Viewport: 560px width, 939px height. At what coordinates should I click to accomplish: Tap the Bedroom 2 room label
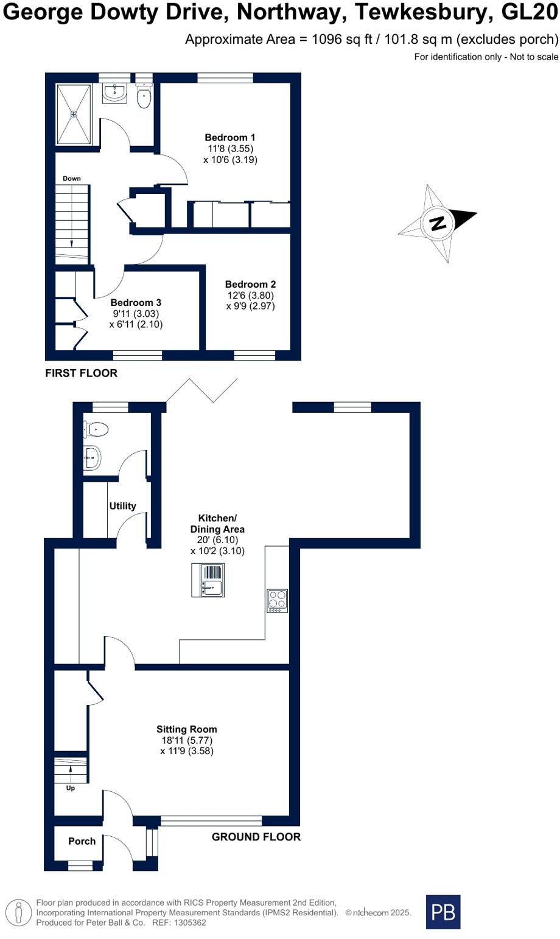tap(250, 284)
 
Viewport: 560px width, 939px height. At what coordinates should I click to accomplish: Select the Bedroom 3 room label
tap(136, 302)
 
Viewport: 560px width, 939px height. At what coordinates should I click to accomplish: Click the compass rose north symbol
tap(438, 223)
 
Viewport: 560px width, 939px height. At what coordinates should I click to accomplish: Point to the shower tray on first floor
tap(74, 114)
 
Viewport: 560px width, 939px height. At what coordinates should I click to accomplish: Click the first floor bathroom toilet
tap(144, 97)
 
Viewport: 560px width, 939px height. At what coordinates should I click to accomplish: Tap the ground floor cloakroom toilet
tap(97, 429)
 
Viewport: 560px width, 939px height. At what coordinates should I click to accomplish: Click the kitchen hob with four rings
tap(277, 600)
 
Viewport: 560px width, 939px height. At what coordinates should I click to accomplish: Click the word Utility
tap(122, 506)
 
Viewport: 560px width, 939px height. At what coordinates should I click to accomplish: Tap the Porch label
tap(82, 841)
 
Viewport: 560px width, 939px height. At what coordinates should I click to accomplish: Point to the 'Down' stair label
tap(71, 178)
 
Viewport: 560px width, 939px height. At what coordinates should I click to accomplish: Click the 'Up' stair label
tap(71, 788)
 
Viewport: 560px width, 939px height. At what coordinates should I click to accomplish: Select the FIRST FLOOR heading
tap(81, 373)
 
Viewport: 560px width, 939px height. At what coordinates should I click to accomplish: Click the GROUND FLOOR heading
tap(256, 837)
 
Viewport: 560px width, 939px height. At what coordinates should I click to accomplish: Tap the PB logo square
tap(443, 912)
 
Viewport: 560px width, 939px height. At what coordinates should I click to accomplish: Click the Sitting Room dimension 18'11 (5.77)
tap(187, 740)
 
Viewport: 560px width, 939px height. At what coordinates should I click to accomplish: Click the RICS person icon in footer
tap(19, 913)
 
